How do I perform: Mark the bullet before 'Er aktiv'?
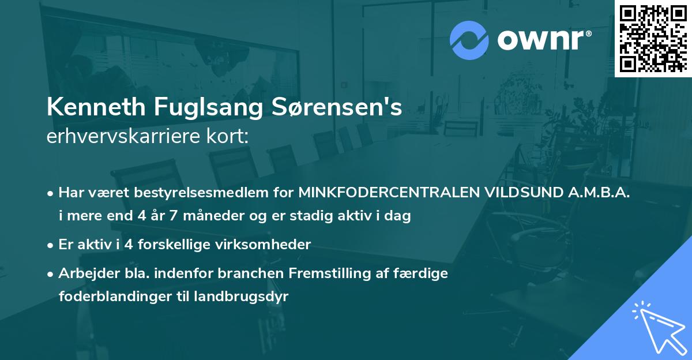coord(51,245)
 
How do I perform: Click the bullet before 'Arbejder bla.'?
coord(51,273)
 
